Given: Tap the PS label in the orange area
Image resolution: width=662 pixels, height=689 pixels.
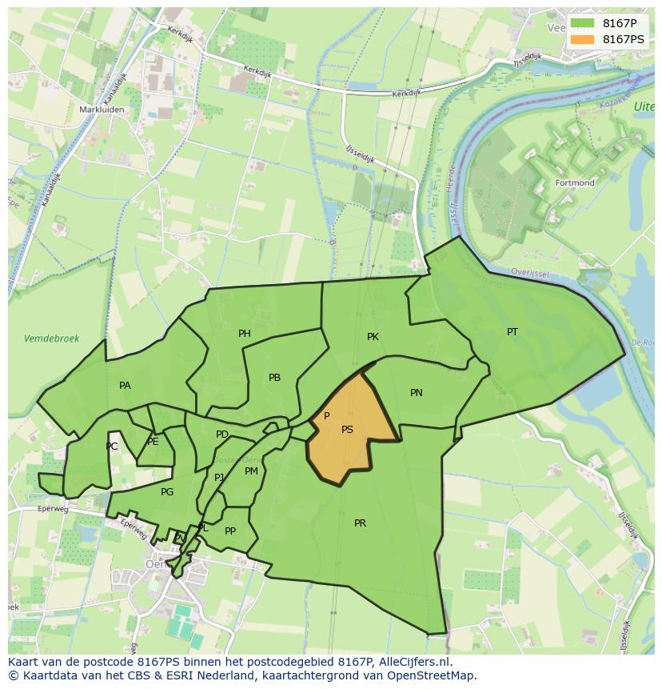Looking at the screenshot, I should [347, 430].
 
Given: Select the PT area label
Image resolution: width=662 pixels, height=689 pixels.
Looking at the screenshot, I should [512, 332].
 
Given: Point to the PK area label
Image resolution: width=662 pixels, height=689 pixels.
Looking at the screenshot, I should [373, 337].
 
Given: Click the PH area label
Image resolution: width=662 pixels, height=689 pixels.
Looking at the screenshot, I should [245, 334].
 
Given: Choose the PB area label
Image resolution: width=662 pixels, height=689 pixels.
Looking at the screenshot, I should [274, 378].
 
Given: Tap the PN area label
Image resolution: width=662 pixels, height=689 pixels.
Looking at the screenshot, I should [417, 393].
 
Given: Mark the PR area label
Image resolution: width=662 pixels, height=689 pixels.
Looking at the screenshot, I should [360, 523].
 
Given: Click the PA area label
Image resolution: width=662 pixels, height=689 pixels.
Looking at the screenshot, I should [125, 386].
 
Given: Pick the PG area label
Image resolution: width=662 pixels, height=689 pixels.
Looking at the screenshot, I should [167, 492].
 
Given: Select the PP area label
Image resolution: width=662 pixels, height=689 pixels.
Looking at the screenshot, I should [230, 531].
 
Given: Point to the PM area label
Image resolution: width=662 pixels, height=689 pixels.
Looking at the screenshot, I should [251, 471].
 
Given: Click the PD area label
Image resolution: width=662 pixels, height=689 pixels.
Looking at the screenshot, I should [222, 435].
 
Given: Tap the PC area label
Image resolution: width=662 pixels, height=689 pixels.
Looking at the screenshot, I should [112, 447].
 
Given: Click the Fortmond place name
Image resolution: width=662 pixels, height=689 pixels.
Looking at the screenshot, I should [575, 183].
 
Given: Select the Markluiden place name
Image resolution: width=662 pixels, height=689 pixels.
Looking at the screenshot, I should [99, 110].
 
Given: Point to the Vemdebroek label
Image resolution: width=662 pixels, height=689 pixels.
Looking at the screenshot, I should [52, 338].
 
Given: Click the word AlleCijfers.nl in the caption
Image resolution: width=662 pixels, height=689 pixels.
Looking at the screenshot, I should [414, 662].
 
